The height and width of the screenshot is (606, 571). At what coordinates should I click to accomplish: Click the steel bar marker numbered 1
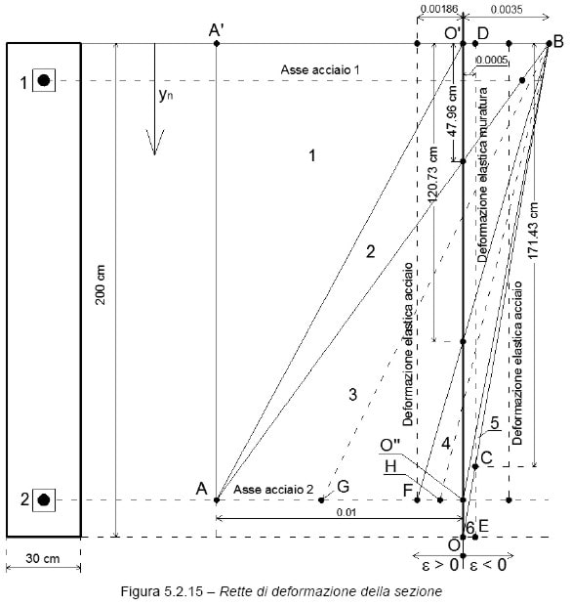click(x=44, y=80)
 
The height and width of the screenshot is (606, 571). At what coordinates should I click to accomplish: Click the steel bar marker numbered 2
click(x=44, y=499)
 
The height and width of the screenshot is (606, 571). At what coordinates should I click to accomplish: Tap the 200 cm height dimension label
click(x=101, y=284)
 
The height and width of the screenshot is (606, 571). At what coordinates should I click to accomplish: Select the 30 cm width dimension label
click(x=43, y=558)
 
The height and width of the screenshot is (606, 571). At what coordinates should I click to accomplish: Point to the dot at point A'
click(x=217, y=44)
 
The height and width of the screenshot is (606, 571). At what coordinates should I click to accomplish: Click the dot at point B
click(x=549, y=44)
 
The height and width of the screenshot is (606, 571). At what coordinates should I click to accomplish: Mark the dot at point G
click(x=321, y=500)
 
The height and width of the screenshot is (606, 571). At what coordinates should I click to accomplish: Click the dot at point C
click(x=475, y=467)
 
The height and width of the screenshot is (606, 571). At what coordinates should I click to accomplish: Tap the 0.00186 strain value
click(x=439, y=9)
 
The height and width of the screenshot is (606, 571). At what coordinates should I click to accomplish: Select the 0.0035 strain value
click(x=507, y=9)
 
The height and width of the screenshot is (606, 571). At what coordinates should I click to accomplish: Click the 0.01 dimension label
click(x=346, y=512)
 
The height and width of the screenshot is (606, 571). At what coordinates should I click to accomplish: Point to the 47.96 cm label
click(x=452, y=110)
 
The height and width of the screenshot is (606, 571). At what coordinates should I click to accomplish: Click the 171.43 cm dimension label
click(x=534, y=231)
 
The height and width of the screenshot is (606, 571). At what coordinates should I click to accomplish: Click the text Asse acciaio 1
click(x=320, y=70)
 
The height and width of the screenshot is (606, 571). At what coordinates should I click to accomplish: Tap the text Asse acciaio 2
click(x=273, y=490)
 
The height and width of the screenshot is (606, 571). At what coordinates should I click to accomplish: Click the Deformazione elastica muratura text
click(x=482, y=175)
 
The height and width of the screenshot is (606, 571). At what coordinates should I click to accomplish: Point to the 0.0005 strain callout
click(x=492, y=60)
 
